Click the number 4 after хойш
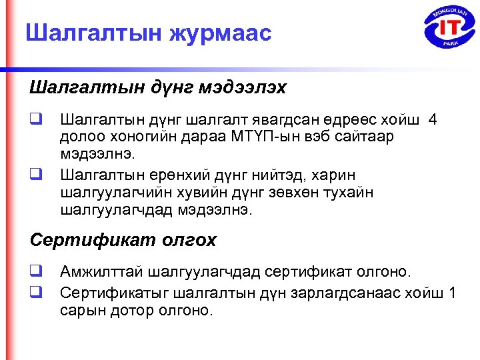click(x=434, y=120)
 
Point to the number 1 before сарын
click(x=453, y=293)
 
